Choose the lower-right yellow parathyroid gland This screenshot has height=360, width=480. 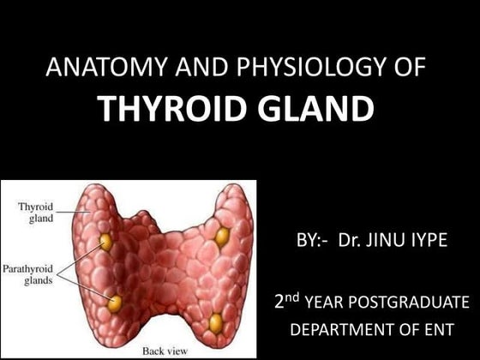(x=216, y=322)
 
